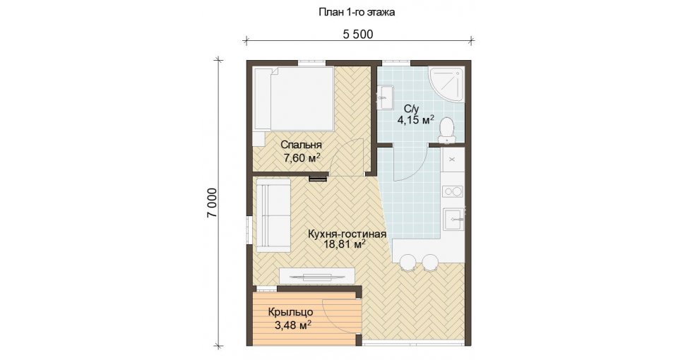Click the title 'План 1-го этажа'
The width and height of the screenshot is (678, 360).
357,13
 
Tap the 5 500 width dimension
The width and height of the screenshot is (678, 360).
358,34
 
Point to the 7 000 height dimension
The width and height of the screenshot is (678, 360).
213,203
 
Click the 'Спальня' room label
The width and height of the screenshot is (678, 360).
301,145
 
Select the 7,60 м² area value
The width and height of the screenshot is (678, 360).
302,157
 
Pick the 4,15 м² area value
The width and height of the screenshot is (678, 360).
415,120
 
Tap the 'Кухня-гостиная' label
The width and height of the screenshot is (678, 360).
347,234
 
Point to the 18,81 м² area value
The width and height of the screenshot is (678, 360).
345,245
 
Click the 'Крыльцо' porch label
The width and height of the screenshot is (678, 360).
290,311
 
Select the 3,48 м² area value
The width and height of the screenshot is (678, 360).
293,325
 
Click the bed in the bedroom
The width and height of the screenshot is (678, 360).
294,99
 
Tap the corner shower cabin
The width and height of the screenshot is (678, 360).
446,85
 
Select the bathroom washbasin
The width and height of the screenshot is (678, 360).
385,98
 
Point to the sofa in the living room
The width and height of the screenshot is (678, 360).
273,215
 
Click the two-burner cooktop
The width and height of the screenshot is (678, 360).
453,191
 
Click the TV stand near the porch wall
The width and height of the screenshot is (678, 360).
317,275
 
